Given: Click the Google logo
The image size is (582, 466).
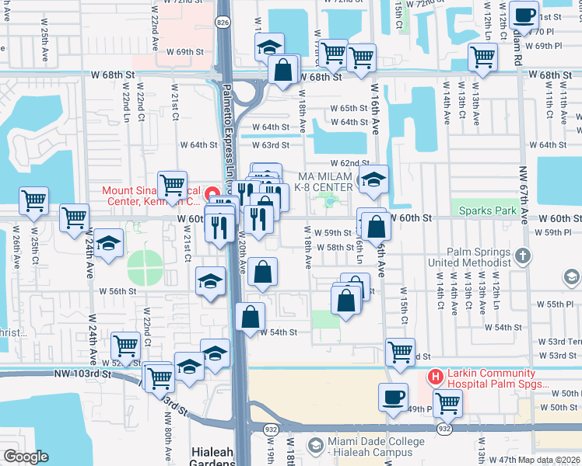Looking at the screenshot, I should [26, 457].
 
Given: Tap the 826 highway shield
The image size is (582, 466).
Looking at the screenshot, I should [223, 24].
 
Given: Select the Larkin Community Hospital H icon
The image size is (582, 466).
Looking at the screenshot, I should [435, 377].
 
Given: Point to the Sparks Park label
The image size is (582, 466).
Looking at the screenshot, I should [487, 210].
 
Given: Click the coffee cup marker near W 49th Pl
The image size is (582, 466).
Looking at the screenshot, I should [393, 397].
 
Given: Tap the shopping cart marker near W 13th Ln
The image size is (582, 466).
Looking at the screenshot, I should [482, 57].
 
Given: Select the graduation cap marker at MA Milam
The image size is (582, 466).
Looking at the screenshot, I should [373, 181].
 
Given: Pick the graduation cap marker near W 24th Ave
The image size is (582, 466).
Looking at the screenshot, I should [108, 242].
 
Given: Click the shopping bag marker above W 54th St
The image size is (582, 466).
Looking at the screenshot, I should [250, 317].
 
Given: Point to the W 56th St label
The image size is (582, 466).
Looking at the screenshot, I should [118, 291].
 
